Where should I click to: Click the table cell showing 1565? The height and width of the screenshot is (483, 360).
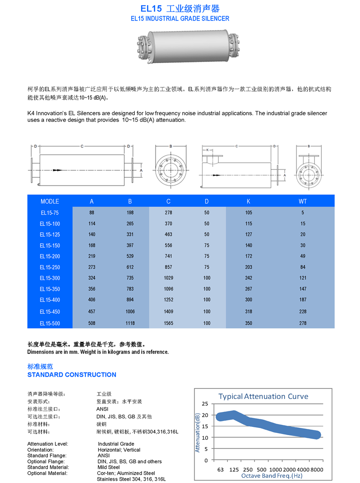(x=168, y=323)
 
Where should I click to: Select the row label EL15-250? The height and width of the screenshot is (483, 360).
(x=50, y=267)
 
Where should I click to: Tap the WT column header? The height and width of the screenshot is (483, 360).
(x=303, y=202)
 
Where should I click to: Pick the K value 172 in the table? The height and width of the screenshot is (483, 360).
(x=248, y=256)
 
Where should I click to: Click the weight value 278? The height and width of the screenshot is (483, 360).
(x=303, y=323)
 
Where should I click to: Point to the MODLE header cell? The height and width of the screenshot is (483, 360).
(x=50, y=202)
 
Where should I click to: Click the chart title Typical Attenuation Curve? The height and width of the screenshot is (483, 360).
(x=263, y=396)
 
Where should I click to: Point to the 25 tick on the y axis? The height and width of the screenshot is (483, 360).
(x=205, y=404)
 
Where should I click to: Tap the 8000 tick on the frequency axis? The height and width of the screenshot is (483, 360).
(x=316, y=470)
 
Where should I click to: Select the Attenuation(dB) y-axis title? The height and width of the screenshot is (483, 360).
(x=197, y=432)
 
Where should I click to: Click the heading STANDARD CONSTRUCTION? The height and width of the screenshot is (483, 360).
(x=72, y=375)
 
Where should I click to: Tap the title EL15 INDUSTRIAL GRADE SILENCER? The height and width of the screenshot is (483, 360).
(x=180, y=19)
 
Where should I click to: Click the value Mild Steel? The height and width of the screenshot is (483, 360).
(x=108, y=467)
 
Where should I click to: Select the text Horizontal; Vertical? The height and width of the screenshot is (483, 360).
(x=119, y=450)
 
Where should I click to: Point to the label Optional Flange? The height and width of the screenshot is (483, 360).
(x=45, y=461)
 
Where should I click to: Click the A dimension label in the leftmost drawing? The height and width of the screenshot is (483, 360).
(x=141, y=170)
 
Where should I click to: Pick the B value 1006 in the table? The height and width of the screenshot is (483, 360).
(x=130, y=312)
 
